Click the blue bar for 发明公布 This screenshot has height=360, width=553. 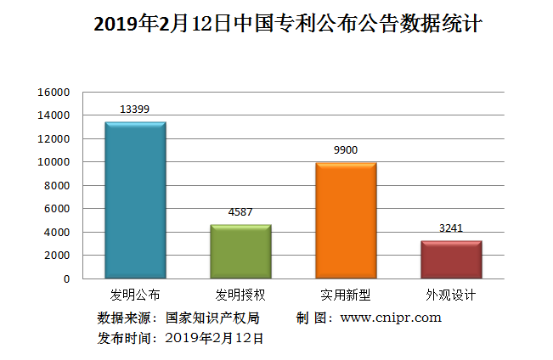135,200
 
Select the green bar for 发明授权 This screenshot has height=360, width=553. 240,251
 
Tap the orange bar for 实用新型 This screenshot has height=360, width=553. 346,221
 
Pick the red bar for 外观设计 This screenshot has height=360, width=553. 451,259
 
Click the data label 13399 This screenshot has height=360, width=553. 135,110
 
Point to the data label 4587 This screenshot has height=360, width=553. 240,212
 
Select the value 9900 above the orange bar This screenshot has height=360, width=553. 346,150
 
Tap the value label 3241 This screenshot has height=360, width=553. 451,228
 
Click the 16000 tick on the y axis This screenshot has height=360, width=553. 53,92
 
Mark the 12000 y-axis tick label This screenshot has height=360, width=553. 53,138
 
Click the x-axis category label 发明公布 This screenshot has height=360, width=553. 135,295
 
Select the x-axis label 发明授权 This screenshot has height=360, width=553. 240,295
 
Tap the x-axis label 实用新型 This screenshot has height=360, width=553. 346,295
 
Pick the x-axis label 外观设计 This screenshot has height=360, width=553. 451,295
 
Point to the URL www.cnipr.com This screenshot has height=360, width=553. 391,318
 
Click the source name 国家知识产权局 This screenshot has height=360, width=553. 212,318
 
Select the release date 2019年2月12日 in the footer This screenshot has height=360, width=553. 214,337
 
